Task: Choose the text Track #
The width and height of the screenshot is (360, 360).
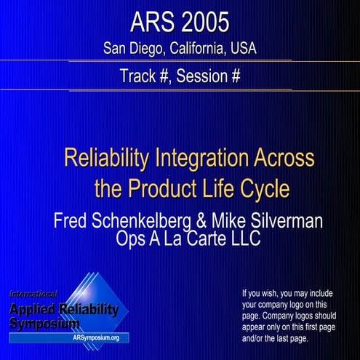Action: (148, 76)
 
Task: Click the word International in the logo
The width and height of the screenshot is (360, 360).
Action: (33, 294)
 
